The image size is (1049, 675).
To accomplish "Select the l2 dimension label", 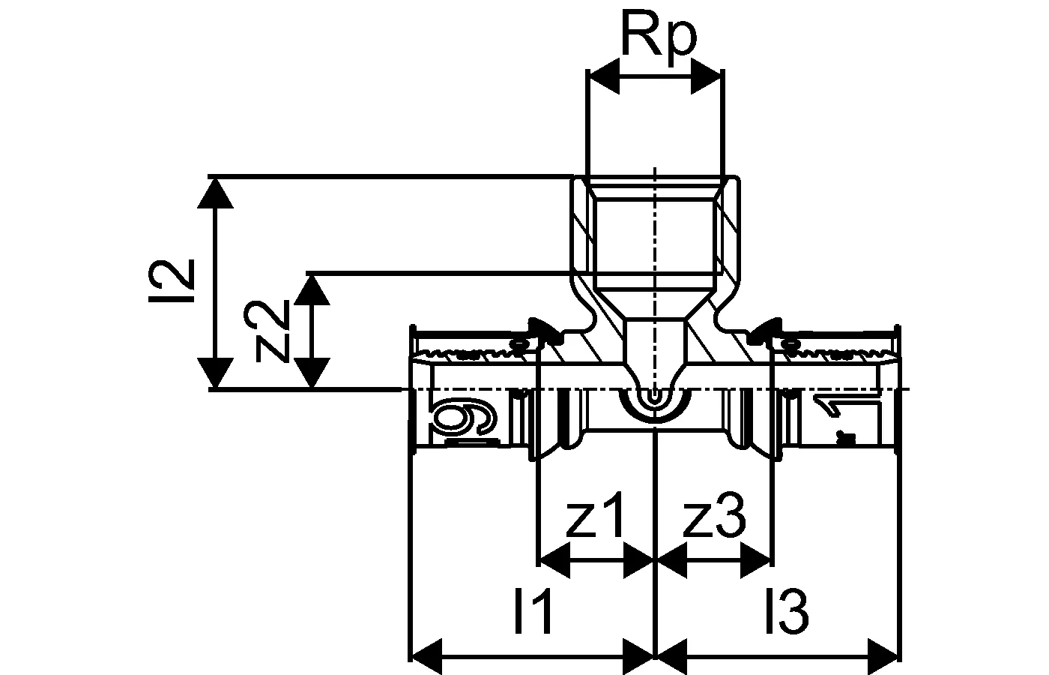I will (x=180, y=280).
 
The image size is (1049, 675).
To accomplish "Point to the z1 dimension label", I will (x=593, y=517).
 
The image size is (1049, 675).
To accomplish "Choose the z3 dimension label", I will (x=714, y=517).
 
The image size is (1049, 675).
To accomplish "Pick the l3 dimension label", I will (x=787, y=612).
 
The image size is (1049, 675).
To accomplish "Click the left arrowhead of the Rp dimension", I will (x=604, y=76).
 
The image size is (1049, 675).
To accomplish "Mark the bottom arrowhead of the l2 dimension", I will (x=216, y=373).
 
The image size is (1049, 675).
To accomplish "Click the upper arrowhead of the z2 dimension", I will (x=311, y=289).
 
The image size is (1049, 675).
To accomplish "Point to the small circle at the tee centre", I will (x=656, y=397).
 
